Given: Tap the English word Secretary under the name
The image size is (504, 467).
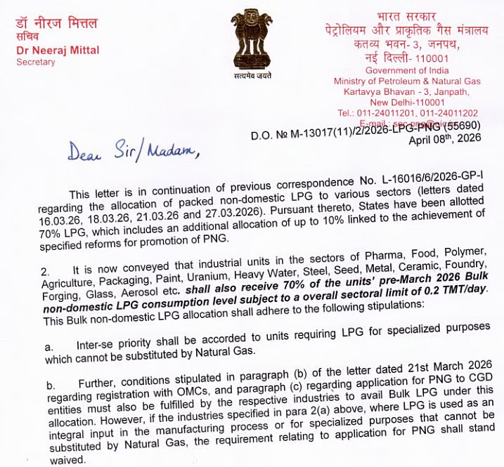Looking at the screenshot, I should coord(35,62).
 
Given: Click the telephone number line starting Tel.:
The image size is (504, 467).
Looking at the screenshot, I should coord(408,112).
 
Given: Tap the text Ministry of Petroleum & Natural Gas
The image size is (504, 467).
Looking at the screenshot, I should coord(407,81).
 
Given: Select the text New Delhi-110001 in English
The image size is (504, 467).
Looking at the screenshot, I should coord(408,102).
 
